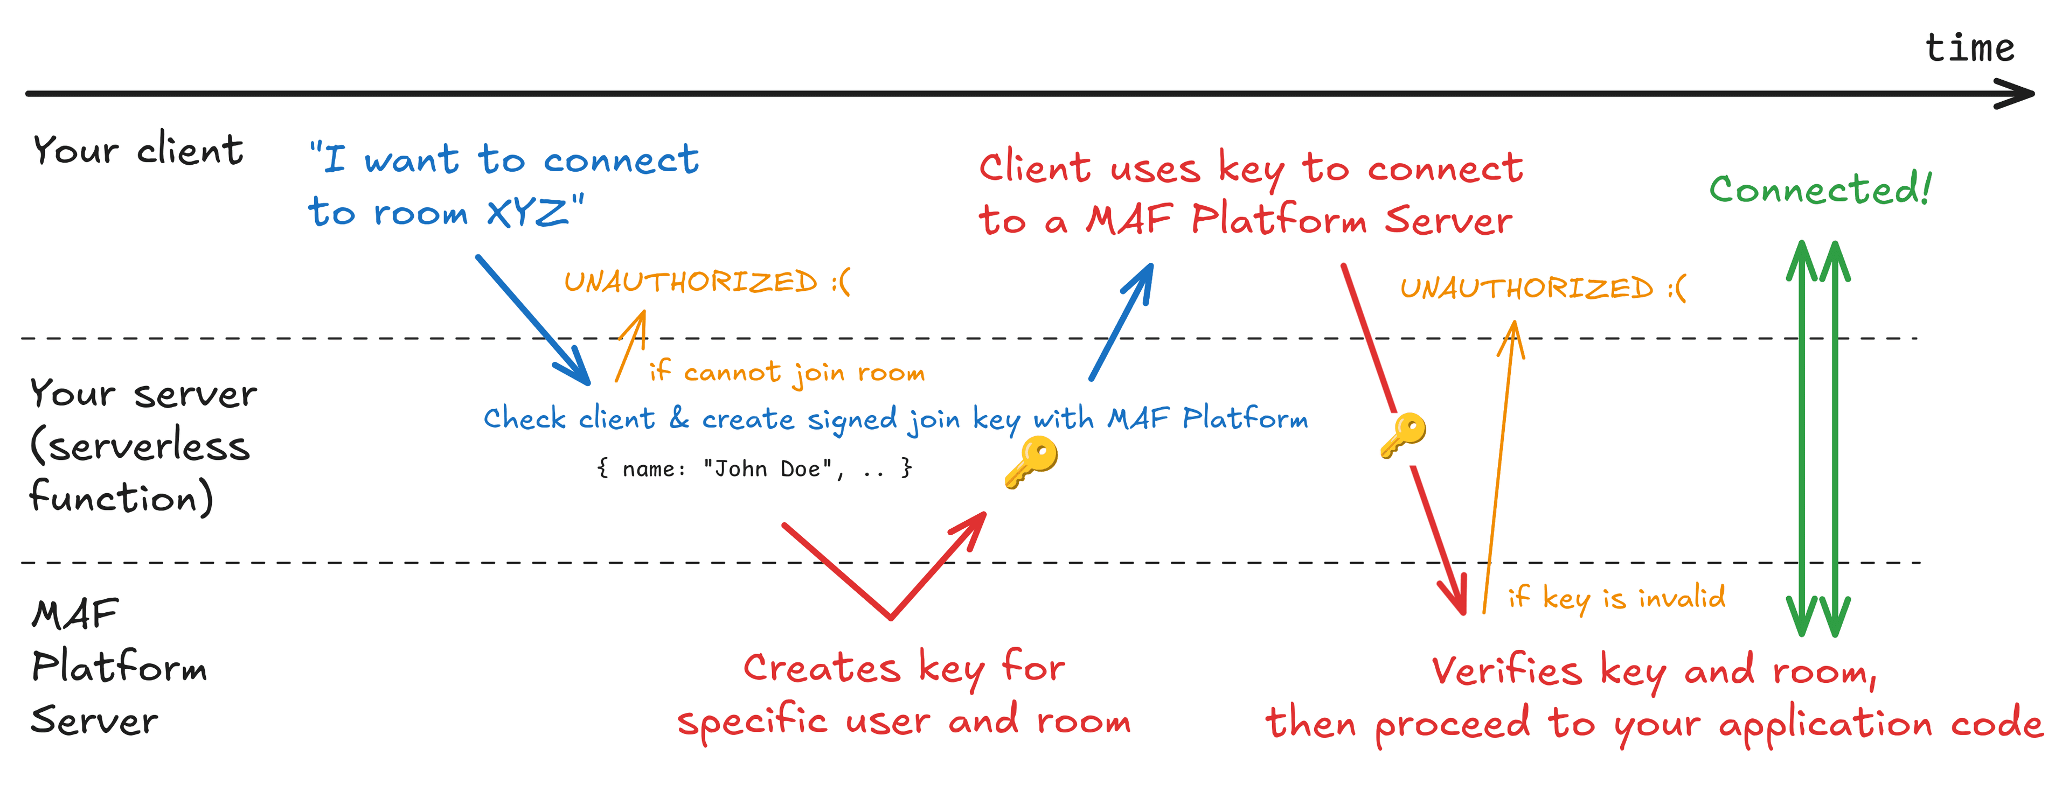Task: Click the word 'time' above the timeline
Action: point(1969,48)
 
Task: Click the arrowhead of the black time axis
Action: point(2020,94)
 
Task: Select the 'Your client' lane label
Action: point(137,150)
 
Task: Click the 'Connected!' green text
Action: point(1819,190)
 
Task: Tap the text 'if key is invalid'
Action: point(1616,598)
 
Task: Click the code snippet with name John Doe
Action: point(754,468)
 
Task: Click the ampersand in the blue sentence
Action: point(679,418)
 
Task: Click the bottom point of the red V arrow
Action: point(891,617)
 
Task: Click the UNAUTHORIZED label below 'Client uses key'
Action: point(1542,288)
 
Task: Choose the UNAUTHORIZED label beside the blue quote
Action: point(706,282)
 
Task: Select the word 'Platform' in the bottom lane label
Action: point(119,667)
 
